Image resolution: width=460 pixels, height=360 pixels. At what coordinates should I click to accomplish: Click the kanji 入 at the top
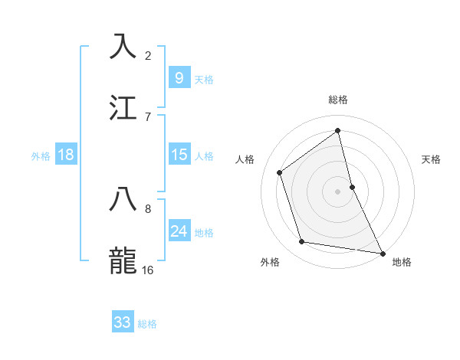(123, 46)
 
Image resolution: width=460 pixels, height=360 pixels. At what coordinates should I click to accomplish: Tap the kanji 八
(123, 200)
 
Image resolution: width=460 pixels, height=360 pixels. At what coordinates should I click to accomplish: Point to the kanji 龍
(123, 260)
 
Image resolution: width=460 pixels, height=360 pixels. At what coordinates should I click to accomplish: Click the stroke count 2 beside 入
(148, 55)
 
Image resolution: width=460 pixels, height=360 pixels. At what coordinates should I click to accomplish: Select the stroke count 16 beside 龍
(148, 270)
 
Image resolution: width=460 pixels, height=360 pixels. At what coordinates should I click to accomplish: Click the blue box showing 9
(179, 78)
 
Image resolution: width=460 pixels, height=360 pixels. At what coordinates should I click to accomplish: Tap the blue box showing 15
(179, 155)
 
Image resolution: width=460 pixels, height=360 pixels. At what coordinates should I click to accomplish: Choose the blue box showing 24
(179, 231)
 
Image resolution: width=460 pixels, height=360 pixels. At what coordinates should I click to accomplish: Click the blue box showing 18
(66, 155)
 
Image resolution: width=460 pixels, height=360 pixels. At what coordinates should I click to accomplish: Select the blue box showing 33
(123, 322)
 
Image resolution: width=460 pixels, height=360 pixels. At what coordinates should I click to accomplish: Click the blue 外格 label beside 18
(41, 155)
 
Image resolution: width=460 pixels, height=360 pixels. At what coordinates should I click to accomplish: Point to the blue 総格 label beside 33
(147, 324)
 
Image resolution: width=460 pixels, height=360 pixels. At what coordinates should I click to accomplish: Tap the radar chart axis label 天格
(431, 159)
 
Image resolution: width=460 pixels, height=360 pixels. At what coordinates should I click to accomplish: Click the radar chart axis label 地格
(402, 262)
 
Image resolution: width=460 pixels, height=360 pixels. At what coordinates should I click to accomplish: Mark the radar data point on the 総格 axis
(338, 130)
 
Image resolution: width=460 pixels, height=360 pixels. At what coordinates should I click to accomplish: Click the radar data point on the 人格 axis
(280, 172)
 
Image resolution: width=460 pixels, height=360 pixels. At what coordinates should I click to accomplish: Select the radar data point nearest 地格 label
(382, 252)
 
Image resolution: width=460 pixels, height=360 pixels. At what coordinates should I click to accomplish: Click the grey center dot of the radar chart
(338, 191)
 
